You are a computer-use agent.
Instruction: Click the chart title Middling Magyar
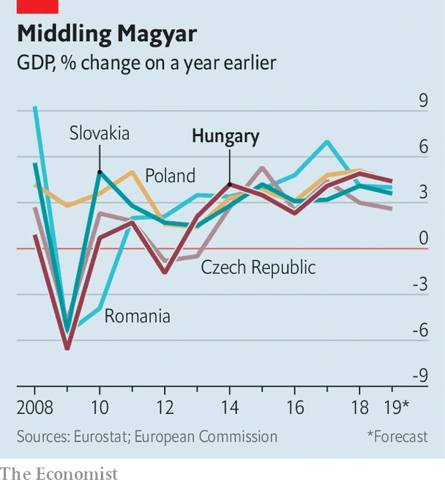(x=107, y=34)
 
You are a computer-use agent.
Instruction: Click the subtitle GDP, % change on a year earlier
(x=146, y=63)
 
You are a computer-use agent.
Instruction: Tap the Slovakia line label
(x=100, y=133)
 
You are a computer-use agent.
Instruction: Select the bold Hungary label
(x=225, y=136)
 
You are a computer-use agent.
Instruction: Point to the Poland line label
(x=170, y=176)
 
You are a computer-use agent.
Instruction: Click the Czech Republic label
(x=258, y=267)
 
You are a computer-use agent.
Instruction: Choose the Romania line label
(x=138, y=316)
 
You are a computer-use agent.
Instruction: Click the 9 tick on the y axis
(x=423, y=101)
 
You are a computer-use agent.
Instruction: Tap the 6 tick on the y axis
(x=423, y=147)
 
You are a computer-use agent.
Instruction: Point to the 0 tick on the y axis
(x=423, y=239)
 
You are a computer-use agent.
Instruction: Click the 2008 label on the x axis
(x=35, y=407)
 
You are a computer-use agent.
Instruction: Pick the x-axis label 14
(x=229, y=407)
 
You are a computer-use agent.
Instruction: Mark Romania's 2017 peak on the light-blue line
(x=326, y=141)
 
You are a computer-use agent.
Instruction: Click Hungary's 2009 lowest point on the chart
(x=67, y=348)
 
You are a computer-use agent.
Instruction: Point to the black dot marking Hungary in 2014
(x=230, y=185)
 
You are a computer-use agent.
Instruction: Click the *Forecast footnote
(x=397, y=437)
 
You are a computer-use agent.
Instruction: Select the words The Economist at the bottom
(x=59, y=473)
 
